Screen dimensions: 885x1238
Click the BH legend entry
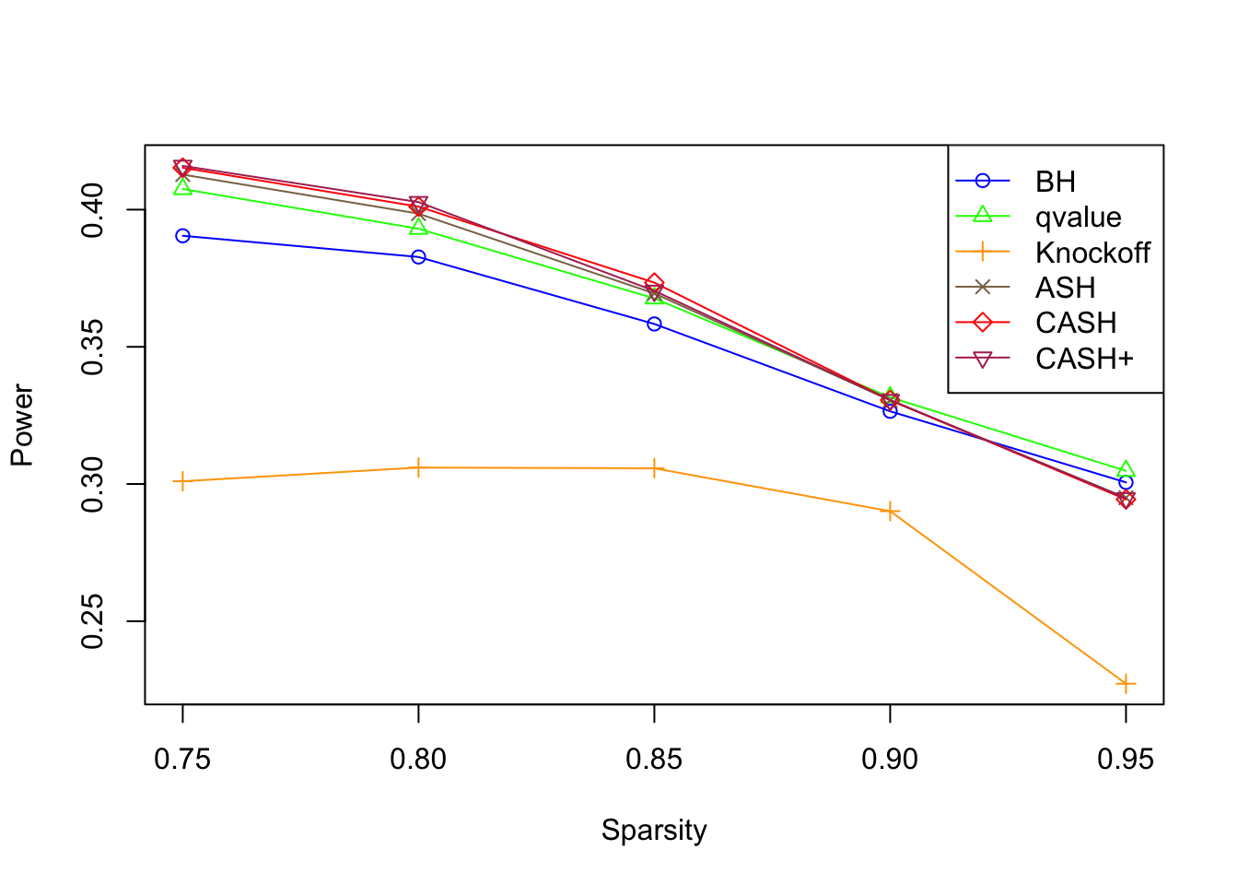click(x=1055, y=182)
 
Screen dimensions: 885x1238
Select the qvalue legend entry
click(x=1078, y=217)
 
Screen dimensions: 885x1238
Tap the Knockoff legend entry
click(x=1092, y=253)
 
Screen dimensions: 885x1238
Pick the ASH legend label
click(x=1065, y=288)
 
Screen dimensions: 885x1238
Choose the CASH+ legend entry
click(x=1084, y=359)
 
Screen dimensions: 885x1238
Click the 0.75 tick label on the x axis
click(x=182, y=760)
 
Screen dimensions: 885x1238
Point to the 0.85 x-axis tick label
click(x=654, y=760)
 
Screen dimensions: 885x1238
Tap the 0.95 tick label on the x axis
click(x=1125, y=760)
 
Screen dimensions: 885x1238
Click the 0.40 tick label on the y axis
click(x=93, y=210)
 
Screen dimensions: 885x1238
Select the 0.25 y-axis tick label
click(x=93, y=621)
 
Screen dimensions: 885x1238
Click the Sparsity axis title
click(x=654, y=830)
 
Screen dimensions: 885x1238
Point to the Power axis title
click(x=22, y=425)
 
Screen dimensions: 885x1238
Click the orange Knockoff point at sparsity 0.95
click(x=1126, y=684)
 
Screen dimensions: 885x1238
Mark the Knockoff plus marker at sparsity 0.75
click(x=182, y=481)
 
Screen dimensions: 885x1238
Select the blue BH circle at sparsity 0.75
click(x=182, y=236)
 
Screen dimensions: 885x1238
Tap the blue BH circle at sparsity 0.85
click(x=654, y=324)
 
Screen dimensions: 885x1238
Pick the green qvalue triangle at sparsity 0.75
click(x=182, y=188)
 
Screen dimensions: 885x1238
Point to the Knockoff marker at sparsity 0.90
click(x=890, y=511)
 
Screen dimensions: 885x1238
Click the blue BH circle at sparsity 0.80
click(x=418, y=257)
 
